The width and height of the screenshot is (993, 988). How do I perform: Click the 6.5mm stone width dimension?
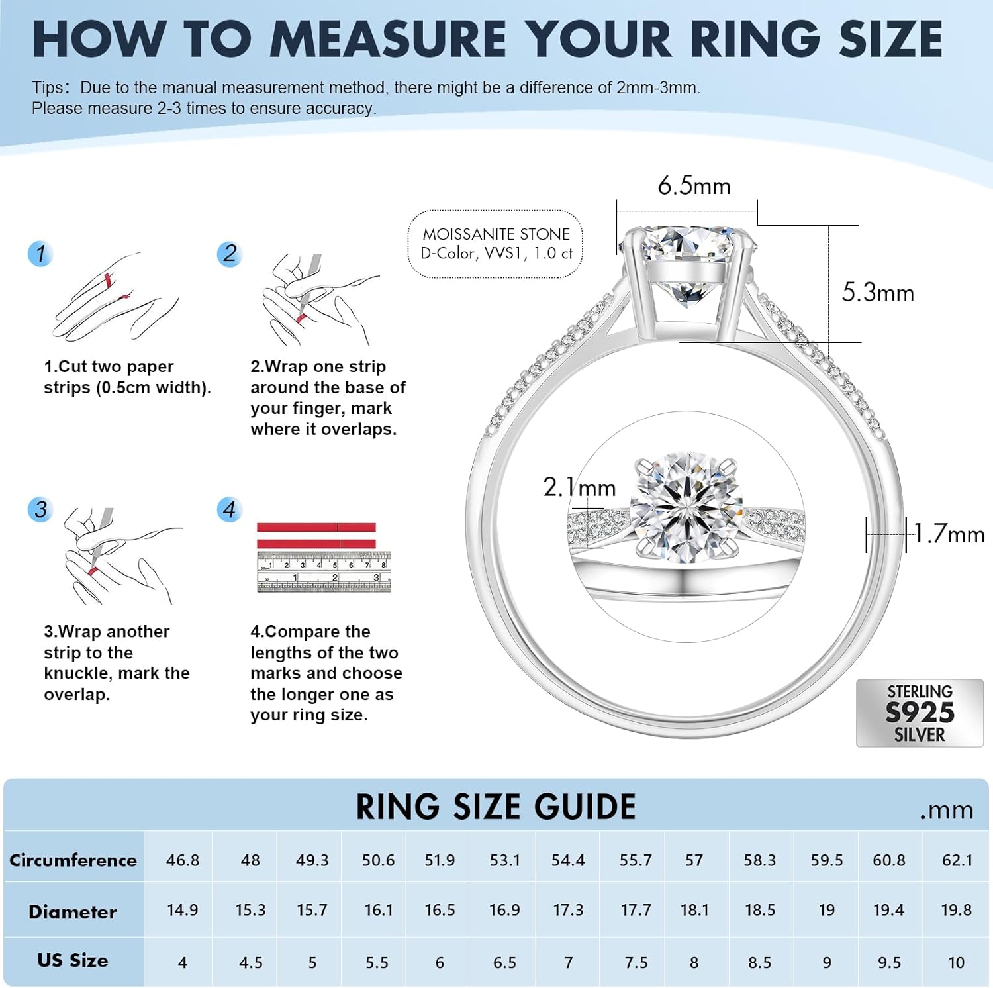point(694,186)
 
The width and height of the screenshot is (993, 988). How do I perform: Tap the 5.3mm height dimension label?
point(878,293)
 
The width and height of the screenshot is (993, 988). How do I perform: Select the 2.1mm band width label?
point(579,487)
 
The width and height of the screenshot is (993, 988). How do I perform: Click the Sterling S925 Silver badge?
point(920,713)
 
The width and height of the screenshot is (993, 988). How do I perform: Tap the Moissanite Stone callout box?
point(496,244)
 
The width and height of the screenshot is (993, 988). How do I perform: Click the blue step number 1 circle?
point(40,254)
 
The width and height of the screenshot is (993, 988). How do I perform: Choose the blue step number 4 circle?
point(229,510)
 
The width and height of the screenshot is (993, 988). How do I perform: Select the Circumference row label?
point(73,860)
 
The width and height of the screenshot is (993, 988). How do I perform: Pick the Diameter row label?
point(73,912)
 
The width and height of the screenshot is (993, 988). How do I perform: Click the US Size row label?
point(73,961)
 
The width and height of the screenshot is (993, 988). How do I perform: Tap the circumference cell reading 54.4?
point(568,860)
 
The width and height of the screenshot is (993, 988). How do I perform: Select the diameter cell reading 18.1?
point(694,911)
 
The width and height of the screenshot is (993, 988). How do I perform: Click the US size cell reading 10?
point(956,963)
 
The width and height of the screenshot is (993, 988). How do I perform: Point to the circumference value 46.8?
point(183,860)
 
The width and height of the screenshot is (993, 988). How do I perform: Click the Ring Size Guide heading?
point(495,807)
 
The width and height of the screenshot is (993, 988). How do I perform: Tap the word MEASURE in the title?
point(388,40)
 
